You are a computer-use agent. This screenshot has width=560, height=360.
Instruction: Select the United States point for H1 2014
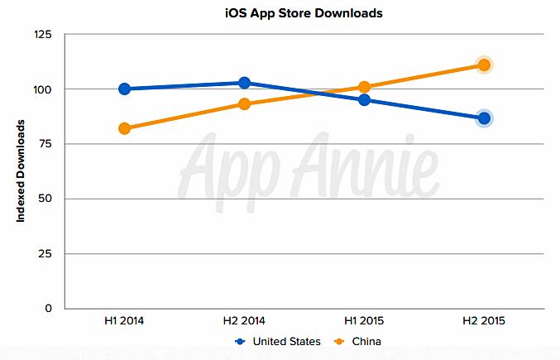[x=124, y=89]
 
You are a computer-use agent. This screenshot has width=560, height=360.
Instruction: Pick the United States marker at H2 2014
[x=244, y=83]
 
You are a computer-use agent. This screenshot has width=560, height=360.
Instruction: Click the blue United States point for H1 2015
[x=364, y=100]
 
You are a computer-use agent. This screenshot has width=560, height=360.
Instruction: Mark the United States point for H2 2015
[x=484, y=118]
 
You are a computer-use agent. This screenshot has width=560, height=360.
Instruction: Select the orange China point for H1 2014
[x=124, y=128]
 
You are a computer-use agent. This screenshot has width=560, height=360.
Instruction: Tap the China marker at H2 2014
[x=244, y=103]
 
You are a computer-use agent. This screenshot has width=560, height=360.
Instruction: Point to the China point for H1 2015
[x=364, y=87]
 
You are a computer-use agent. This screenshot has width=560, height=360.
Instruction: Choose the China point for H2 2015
[x=484, y=65]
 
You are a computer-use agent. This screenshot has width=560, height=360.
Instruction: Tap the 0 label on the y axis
[x=49, y=309]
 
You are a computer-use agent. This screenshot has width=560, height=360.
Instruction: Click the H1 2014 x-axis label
[x=124, y=321]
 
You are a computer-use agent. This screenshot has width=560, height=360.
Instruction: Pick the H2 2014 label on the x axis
[x=244, y=321]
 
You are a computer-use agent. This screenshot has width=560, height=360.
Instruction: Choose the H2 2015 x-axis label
[x=484, y=321]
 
